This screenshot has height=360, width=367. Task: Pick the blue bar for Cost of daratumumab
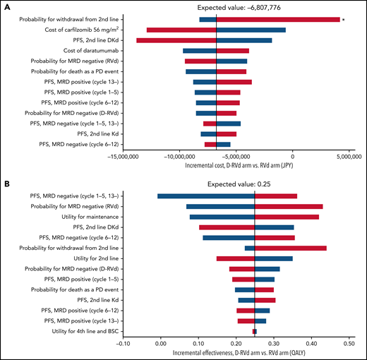tap(200, 51)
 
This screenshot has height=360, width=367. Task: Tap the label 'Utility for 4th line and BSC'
tap(78, 330)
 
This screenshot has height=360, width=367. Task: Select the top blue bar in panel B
tap(205, 196)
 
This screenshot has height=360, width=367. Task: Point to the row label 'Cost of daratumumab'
tap(90, 51)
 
